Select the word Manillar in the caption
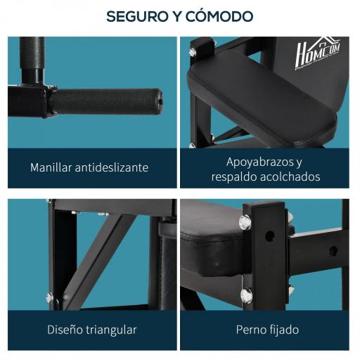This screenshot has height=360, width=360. click(53, 168)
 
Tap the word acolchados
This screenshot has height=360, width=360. click(291, 176)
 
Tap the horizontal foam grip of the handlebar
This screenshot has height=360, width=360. click(105, 101)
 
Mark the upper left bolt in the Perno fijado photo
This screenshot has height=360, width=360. click(245, 222)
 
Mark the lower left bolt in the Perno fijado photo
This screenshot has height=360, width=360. click(246, 295)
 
